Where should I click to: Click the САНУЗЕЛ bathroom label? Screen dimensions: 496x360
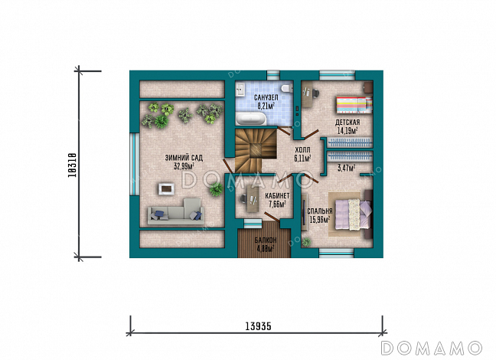coord(266,98)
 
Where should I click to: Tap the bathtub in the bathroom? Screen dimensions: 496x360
coord(252,119)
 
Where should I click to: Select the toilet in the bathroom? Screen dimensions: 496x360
coord(288,88)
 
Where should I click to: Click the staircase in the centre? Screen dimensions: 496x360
coord(256,150)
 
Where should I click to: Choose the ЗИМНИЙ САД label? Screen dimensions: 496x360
coord(184,158)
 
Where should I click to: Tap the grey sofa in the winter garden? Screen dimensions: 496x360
coord(175,211)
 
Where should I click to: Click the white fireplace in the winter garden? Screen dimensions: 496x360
coord(166,189)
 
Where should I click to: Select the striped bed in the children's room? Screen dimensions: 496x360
coord(354,105)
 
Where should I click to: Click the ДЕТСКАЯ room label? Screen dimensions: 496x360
coord(348,123)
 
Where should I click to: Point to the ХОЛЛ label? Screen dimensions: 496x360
coord(302,150)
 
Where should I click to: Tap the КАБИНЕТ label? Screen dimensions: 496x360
coord(277,196)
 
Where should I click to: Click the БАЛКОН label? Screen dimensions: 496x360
coord(266,240)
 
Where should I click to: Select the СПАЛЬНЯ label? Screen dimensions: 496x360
coord(320,211)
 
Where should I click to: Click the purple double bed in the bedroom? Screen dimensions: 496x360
coord(353,214)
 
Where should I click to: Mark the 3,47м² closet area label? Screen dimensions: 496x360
coord(346,168)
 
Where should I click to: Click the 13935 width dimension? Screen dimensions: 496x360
coord(258,326)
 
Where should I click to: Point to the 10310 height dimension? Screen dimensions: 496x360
coord(73,165)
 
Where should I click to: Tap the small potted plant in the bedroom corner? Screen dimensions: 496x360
coord(306,242)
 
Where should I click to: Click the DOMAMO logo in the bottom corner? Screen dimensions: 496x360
coord(431,348)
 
